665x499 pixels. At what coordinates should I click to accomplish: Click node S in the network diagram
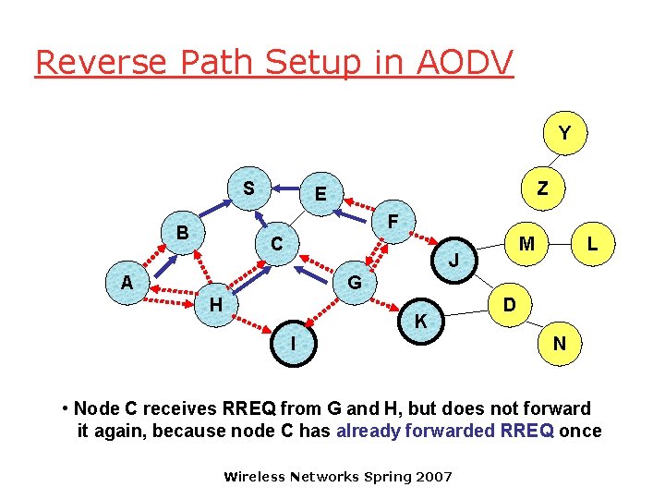pos(248,189)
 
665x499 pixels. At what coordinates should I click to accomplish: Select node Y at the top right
pos(563,134)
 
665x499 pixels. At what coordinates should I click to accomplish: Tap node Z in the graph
pos(543,189)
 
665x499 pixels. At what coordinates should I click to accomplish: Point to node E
pos(320,194)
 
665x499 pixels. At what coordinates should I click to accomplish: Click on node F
pos(393,223)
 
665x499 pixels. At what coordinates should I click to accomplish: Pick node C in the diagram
pos(276,245)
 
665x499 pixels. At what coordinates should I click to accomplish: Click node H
pos(215,304)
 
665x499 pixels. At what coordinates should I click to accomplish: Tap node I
pos(293,343)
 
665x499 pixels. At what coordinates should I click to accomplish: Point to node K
pos(420,322)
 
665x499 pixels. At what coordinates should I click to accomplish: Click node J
pos(453,262)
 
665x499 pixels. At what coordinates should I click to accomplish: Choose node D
pos(509,304)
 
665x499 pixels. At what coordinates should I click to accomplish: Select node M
pos(526,244)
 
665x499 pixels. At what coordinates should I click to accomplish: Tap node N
pos(560,343)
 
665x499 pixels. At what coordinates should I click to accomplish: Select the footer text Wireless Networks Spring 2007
pos(338,477)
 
